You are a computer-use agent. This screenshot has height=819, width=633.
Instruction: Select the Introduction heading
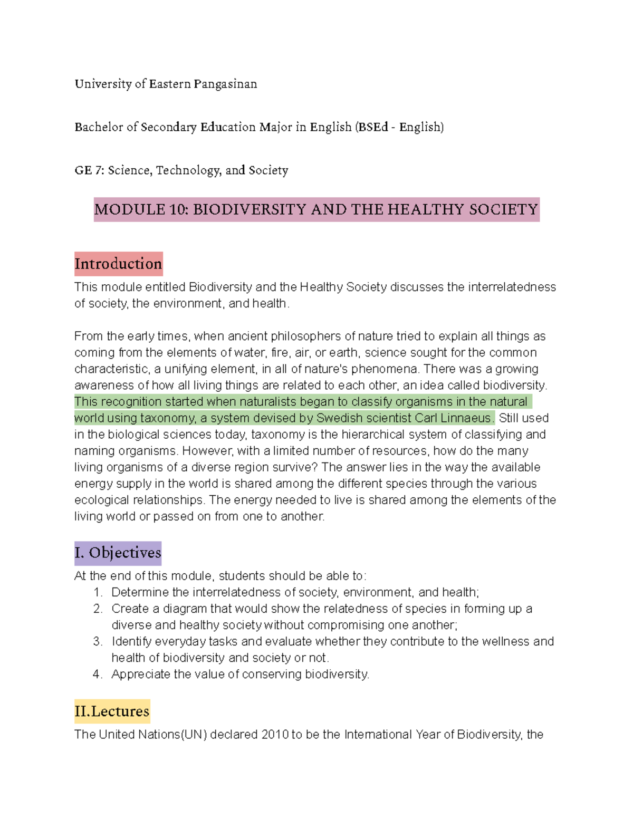click(x=118, y=264)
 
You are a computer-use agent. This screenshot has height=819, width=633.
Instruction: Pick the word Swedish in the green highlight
click(x=337, y=418)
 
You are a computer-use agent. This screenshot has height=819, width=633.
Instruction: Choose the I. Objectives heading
click(x=118, y=553)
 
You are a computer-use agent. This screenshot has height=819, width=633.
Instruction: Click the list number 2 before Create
click(x=97, y=609)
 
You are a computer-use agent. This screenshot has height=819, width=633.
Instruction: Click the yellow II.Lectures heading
click(x=112, y=711)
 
